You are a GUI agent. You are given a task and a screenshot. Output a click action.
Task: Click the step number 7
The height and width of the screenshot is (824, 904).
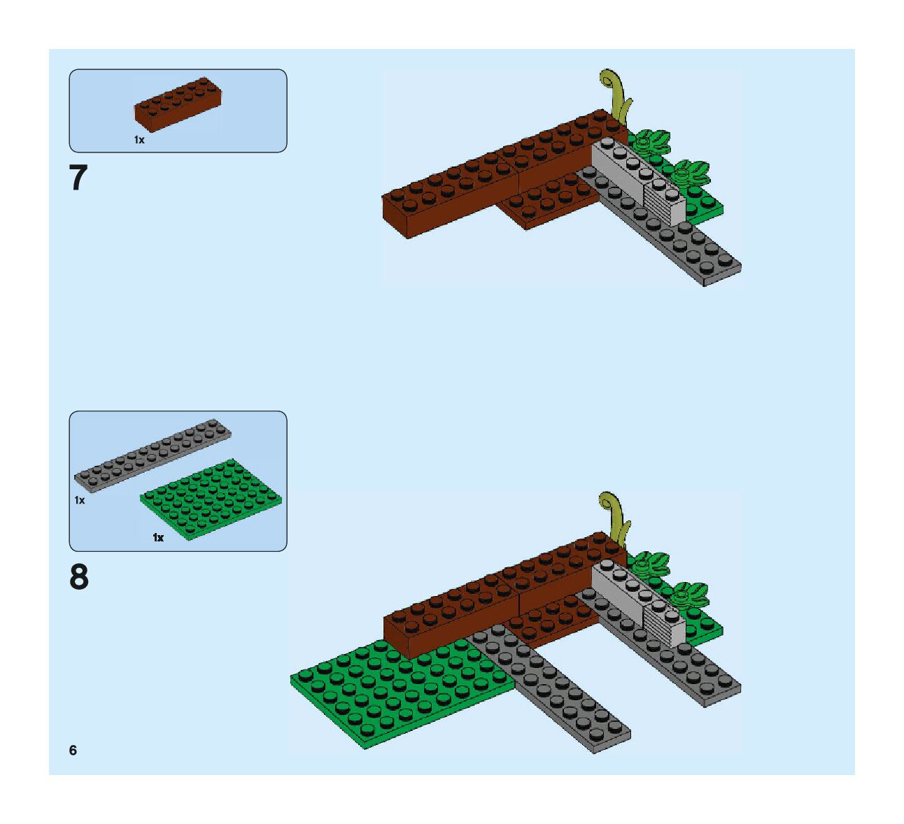click(x=78, y=178)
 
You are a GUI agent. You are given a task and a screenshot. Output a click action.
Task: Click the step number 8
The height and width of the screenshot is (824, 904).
click(x=79, y=578)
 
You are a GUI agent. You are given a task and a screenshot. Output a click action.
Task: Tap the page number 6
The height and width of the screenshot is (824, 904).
click(x=73, y=751)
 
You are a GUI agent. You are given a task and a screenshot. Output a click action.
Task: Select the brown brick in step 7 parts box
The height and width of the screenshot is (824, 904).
click(x=178, y=104)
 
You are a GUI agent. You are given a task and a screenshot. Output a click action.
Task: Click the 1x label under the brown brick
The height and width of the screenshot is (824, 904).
click(x=139, y=140)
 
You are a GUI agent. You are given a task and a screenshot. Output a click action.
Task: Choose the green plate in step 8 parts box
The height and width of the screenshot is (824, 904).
click(x=211, y=499)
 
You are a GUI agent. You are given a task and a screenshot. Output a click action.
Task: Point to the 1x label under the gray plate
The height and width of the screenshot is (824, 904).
click(x=80, y=500)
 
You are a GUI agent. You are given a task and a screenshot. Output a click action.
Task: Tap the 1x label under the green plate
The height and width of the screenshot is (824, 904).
click(x=158, y=537)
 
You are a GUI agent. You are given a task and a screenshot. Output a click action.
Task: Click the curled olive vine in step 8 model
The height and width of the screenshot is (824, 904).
click(x=616, y=517)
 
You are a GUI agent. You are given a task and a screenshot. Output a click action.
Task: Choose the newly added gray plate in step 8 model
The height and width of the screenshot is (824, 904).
click(x=553, y=692)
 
